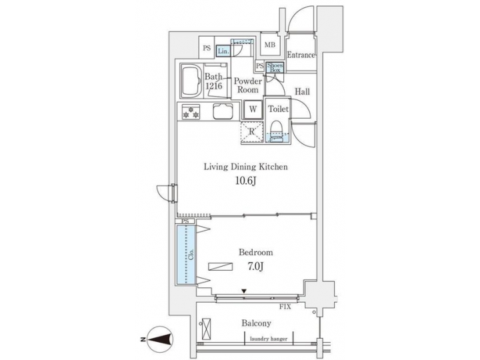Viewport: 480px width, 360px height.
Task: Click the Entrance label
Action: pyautogui.click(x=300, y=55)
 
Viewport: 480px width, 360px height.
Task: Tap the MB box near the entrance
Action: pyautogui.click(x=270, y=45)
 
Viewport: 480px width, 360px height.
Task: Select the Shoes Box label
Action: pyautogui.click(x=275, y=67)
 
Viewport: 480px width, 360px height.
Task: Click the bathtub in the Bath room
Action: pyautogui.click(x=191, y=81)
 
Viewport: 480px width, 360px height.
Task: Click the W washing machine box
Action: pyautogui.click(x=253, y=109)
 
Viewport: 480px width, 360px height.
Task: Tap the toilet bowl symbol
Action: pyautogui.click(x=275, y=129)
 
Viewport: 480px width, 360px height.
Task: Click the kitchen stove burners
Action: pyautogui.click(x=190, y=111)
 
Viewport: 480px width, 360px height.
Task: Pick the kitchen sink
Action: pyautogui.click(x=223, y=111)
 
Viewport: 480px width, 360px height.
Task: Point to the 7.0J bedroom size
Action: pyautogui.click(x=255, y=267)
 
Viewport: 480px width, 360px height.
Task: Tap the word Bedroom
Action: pyautogui.click(x=255, y=253)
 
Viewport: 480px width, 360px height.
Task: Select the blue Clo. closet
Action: pyautogui.click(x=187, y=253)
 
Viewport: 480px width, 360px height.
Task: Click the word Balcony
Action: pyautogui.click(x=255, y=323)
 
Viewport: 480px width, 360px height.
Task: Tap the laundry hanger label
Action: pyautogui.click(x=269, y=339)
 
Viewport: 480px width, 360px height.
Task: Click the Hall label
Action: pyautogui.click(x=302, y=92)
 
